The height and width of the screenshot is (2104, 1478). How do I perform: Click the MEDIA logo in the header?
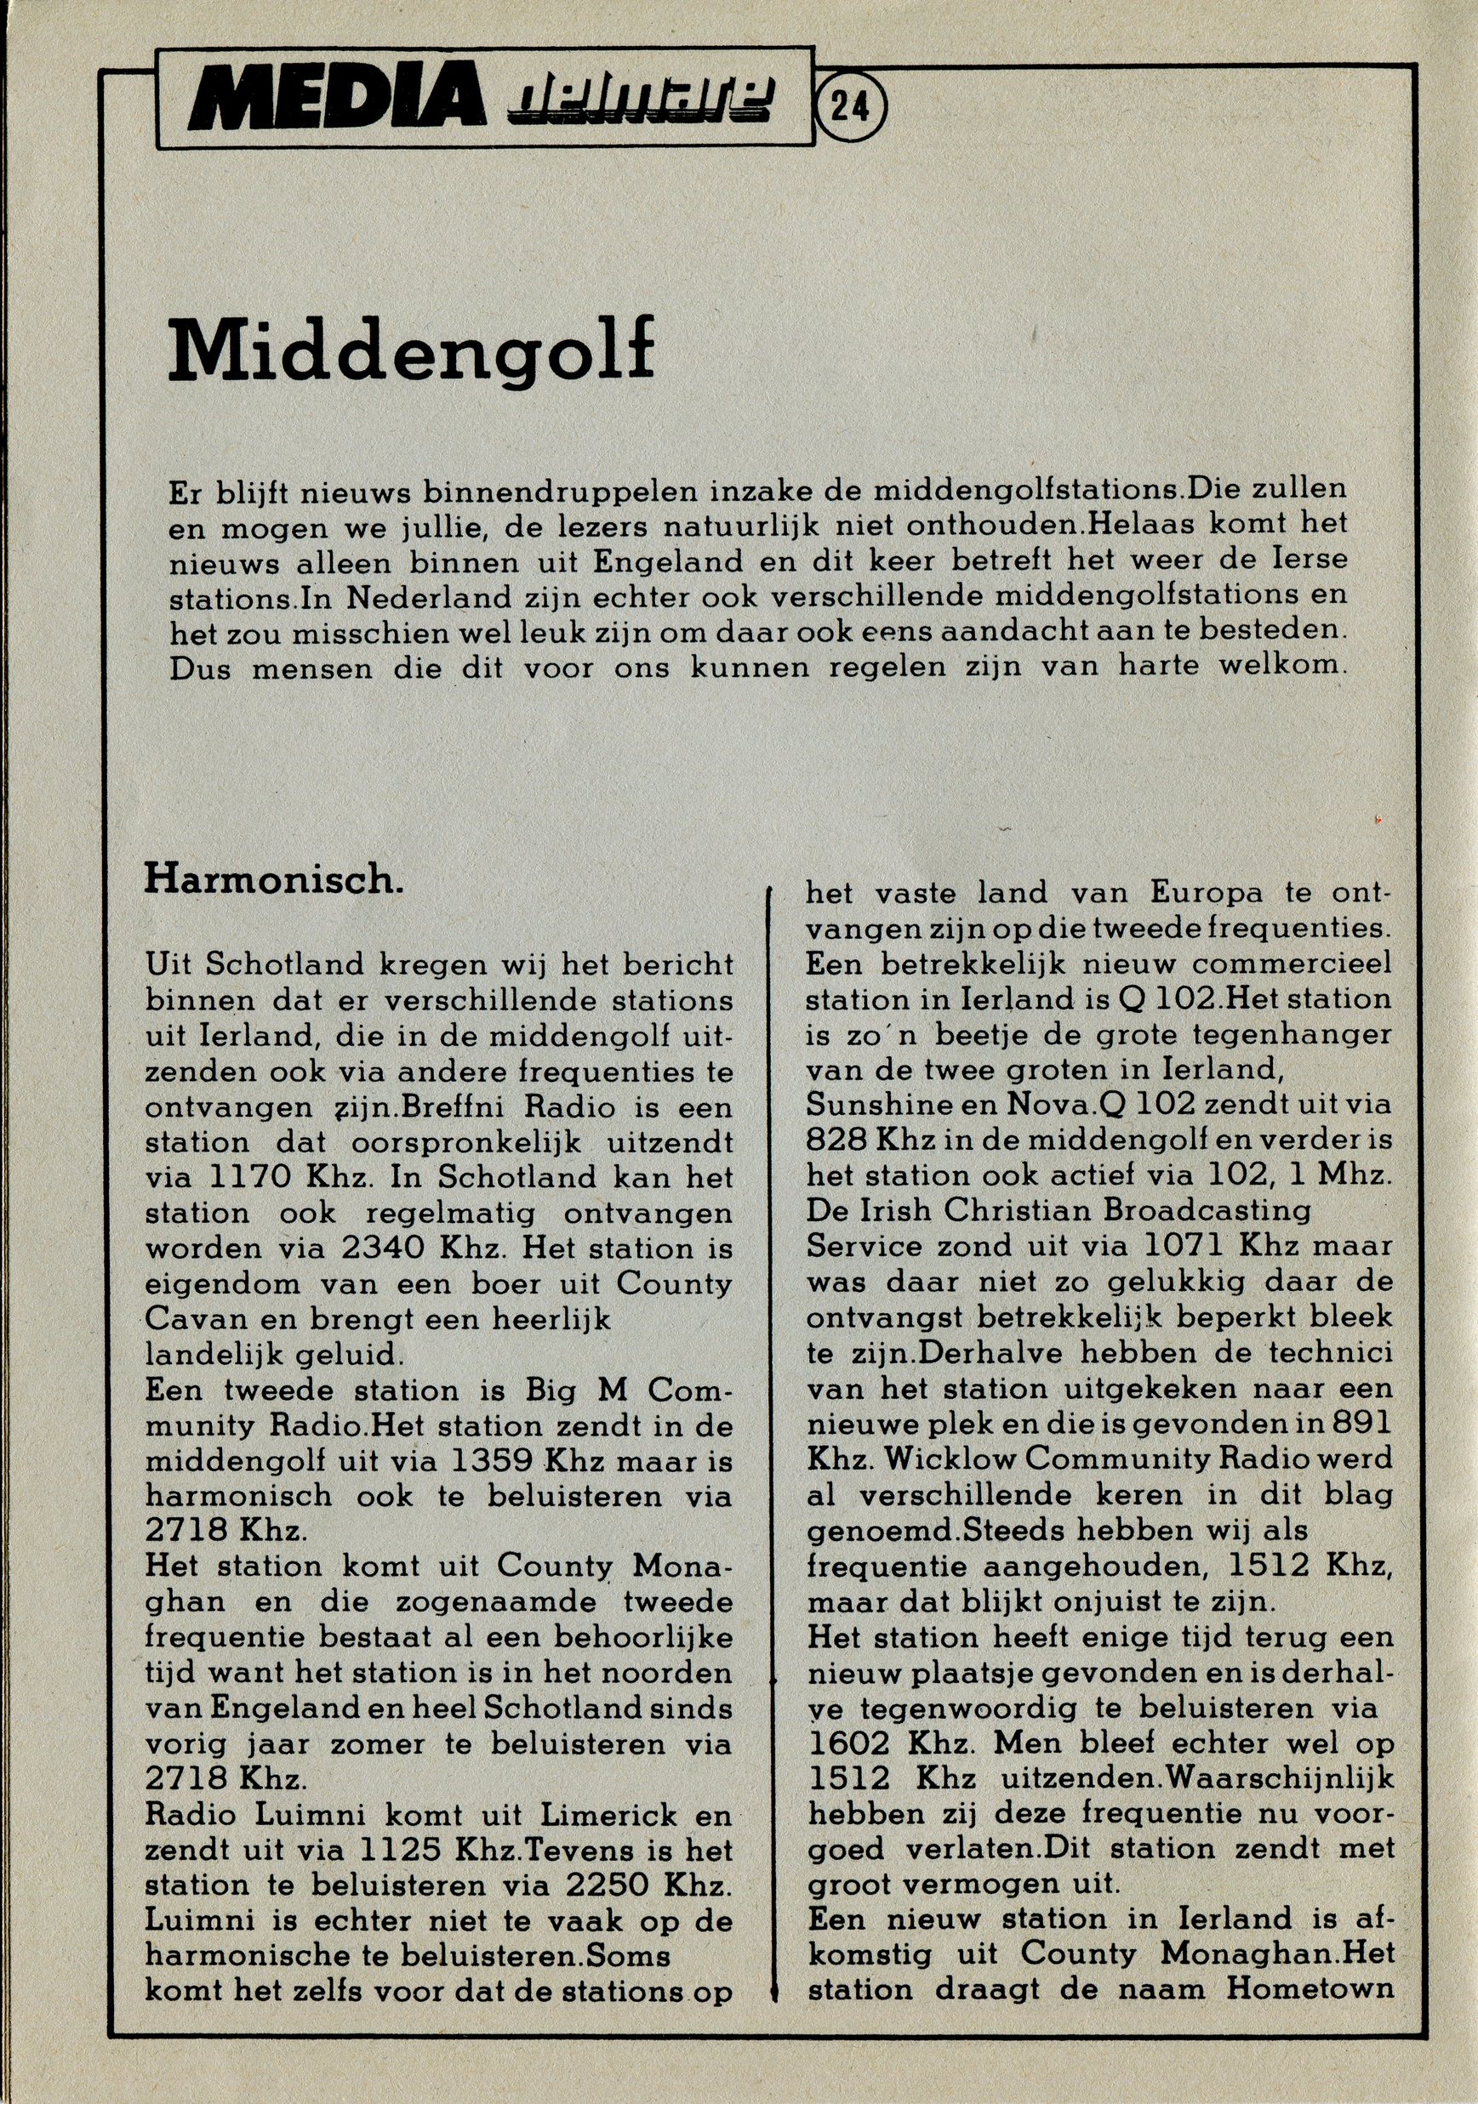coord(339,99)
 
